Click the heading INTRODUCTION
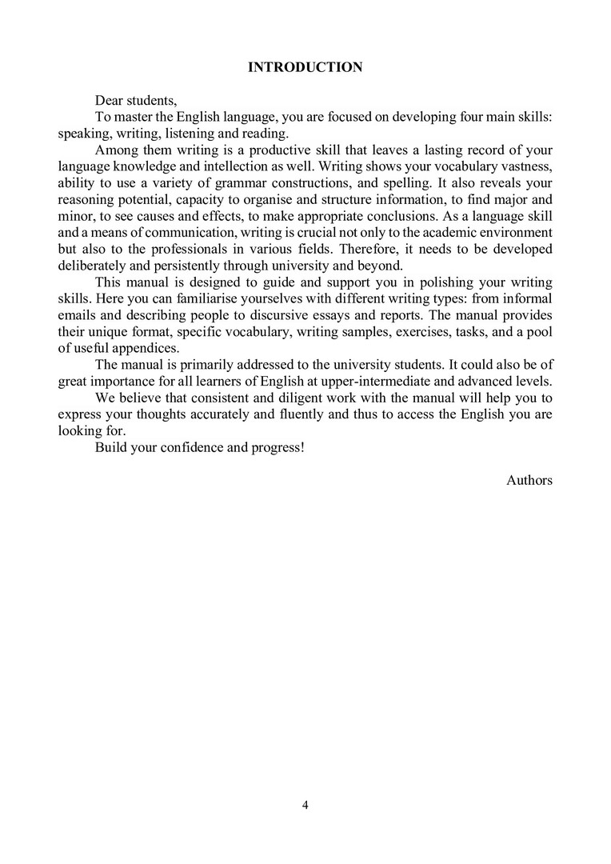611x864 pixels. (305, 67)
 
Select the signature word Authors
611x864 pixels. (529, 480)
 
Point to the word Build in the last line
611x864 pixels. (110, 447)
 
